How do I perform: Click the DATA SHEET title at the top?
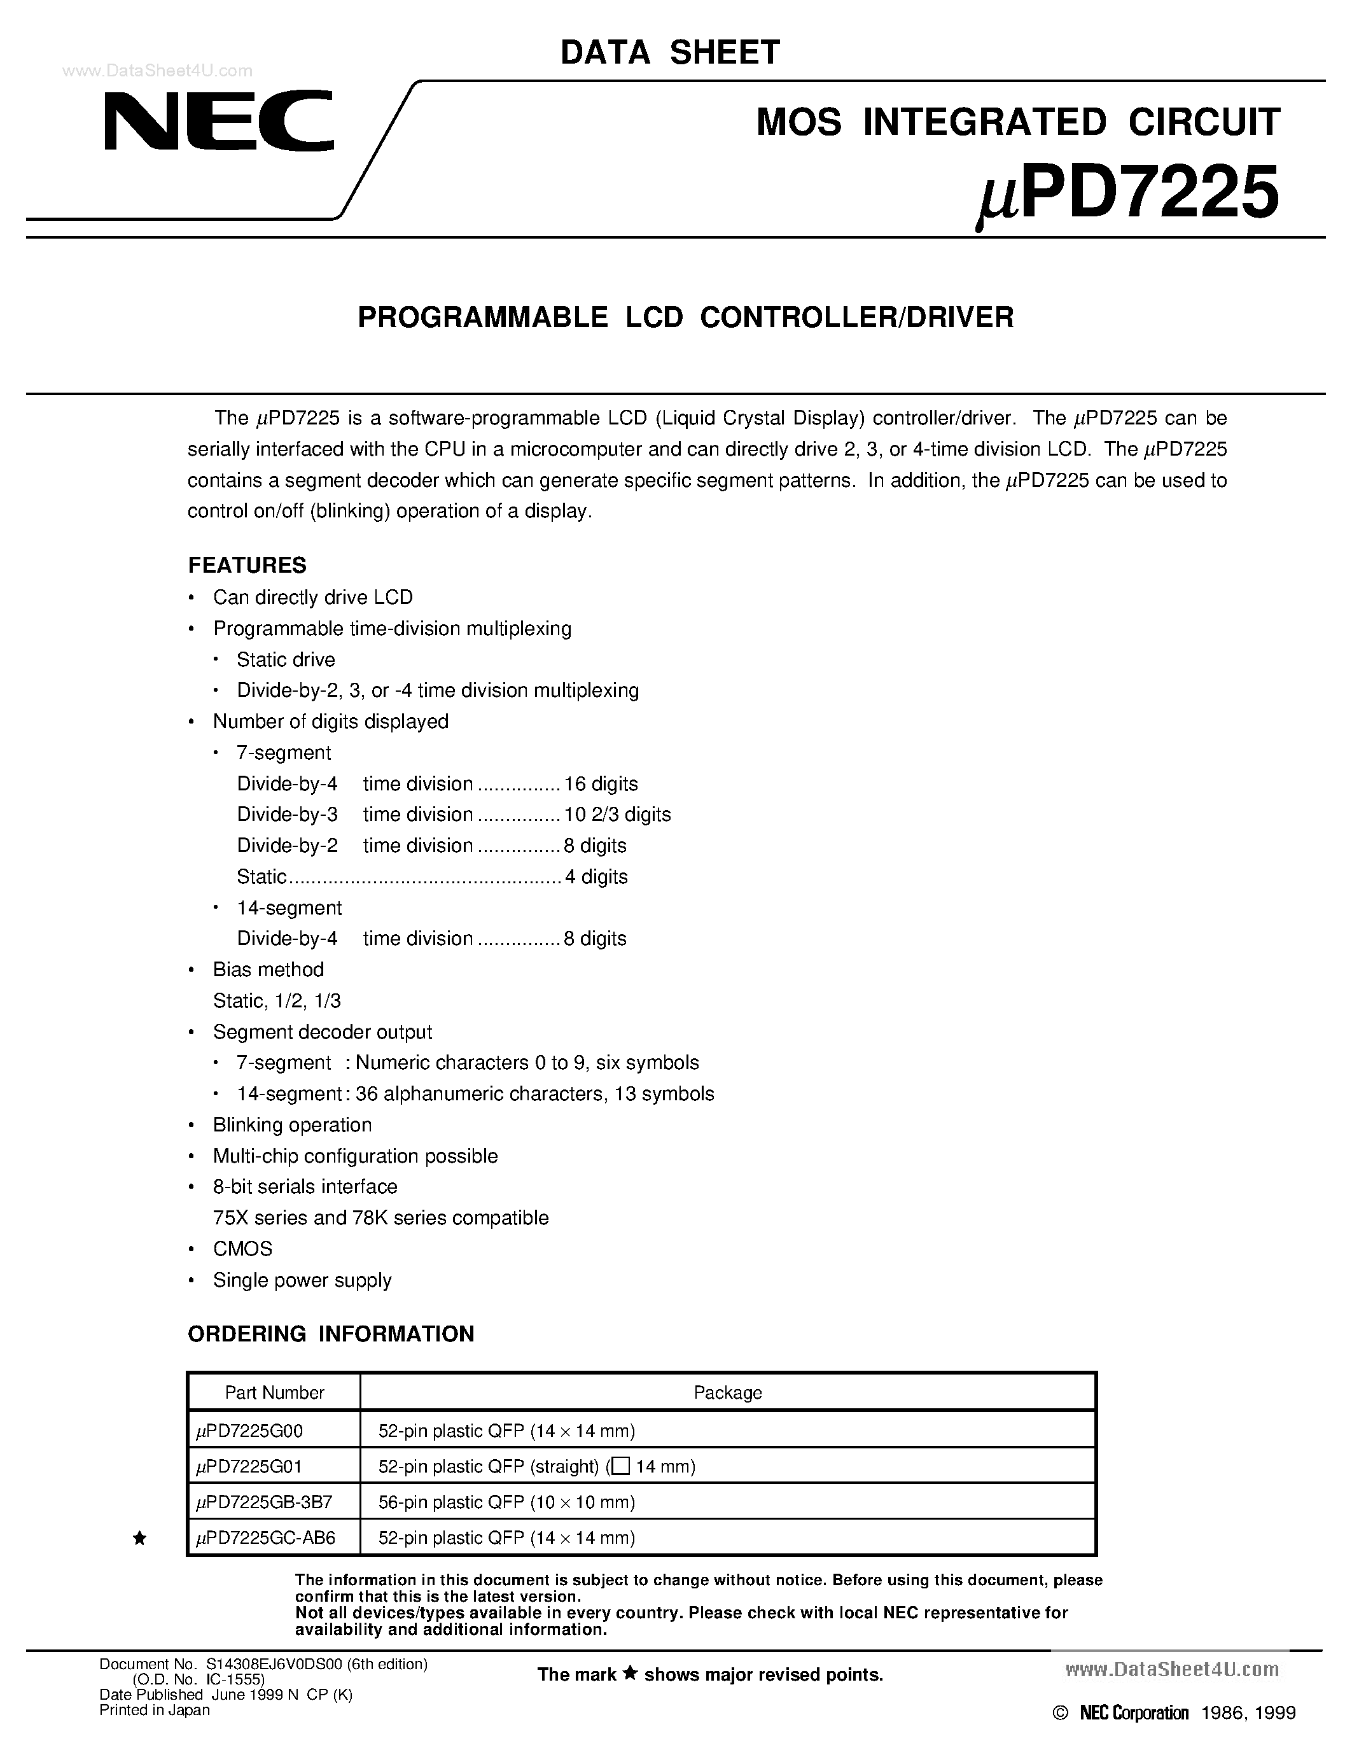tap(669, 53)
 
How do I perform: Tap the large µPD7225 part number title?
tap(1128, 194)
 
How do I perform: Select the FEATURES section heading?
tap(247, 566)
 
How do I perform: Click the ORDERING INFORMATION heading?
tap(331, 1333)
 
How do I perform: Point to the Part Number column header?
tap(274, 1392)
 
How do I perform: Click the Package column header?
tap(727, 1392)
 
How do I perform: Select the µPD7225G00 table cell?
tap(250, 1431)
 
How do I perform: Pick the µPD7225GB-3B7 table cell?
tap(263, 1502)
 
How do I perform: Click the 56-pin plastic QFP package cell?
tap(506, 1502)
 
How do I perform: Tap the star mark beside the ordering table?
tap(139, 1537)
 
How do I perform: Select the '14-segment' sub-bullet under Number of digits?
tap(289, 908)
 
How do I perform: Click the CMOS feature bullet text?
tap(242, 1249)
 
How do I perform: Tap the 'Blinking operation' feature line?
tap(292, 1125)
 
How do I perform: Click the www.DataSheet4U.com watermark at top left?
tap(157, 71)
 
